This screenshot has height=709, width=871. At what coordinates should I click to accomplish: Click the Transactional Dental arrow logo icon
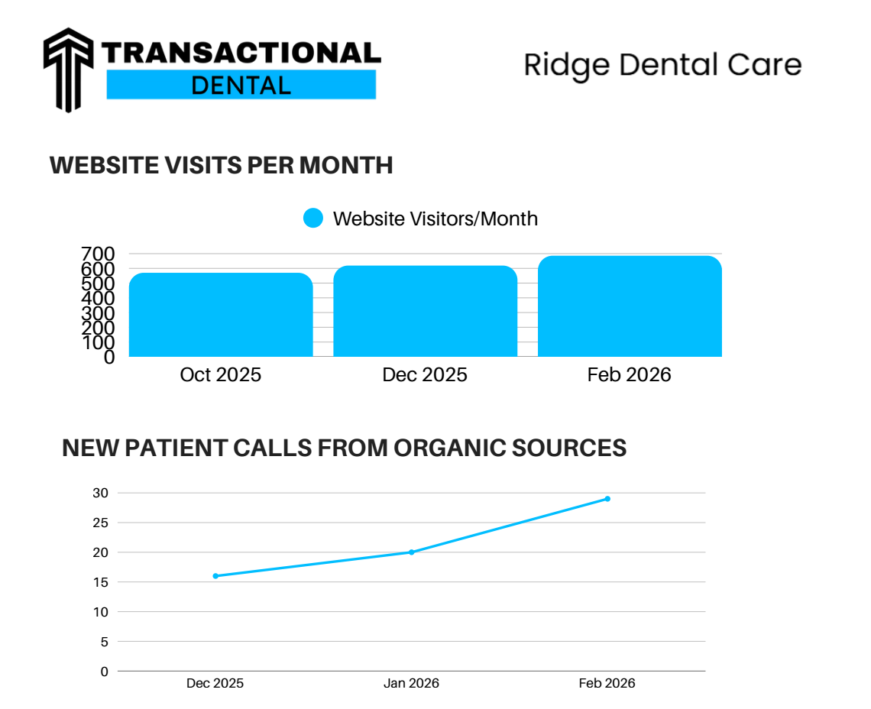click(69, 69)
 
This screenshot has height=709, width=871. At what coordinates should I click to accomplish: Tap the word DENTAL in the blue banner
click(241, 85)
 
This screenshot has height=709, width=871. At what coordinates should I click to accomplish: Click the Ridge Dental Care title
click(662, 66)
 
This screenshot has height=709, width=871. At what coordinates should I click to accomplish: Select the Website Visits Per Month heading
click(222, 165)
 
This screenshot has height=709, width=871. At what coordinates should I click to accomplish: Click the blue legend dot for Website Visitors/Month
click(314, 219)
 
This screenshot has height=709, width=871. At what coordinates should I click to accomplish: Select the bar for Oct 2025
click(221, 315)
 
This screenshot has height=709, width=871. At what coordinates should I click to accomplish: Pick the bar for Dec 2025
click(425, 311)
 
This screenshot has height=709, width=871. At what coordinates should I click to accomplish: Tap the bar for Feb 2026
click(630, 306)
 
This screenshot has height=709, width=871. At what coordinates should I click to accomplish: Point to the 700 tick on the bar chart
click(98, 254)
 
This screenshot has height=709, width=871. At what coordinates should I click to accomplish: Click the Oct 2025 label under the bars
click(221, 375)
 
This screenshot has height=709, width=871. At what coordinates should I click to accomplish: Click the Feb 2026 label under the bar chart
click(629, 375)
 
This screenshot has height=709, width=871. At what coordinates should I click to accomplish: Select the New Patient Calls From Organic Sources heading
click(344, 448)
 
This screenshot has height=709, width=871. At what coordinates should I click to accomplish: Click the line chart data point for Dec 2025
click(215, 576)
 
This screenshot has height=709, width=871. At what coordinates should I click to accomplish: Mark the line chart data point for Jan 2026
click(411, 552)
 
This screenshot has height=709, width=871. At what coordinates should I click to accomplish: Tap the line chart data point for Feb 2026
click(607, 499)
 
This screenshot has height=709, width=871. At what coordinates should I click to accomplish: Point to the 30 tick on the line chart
click(101, 493)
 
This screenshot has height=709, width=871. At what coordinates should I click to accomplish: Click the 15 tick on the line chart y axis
click(101, 582)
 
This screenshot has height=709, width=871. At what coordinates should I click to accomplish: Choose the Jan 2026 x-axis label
click(411, 683)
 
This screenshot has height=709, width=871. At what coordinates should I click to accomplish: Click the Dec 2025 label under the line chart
click(215, 683)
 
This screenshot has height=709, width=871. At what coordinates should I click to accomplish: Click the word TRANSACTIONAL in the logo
click(241, 53)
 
